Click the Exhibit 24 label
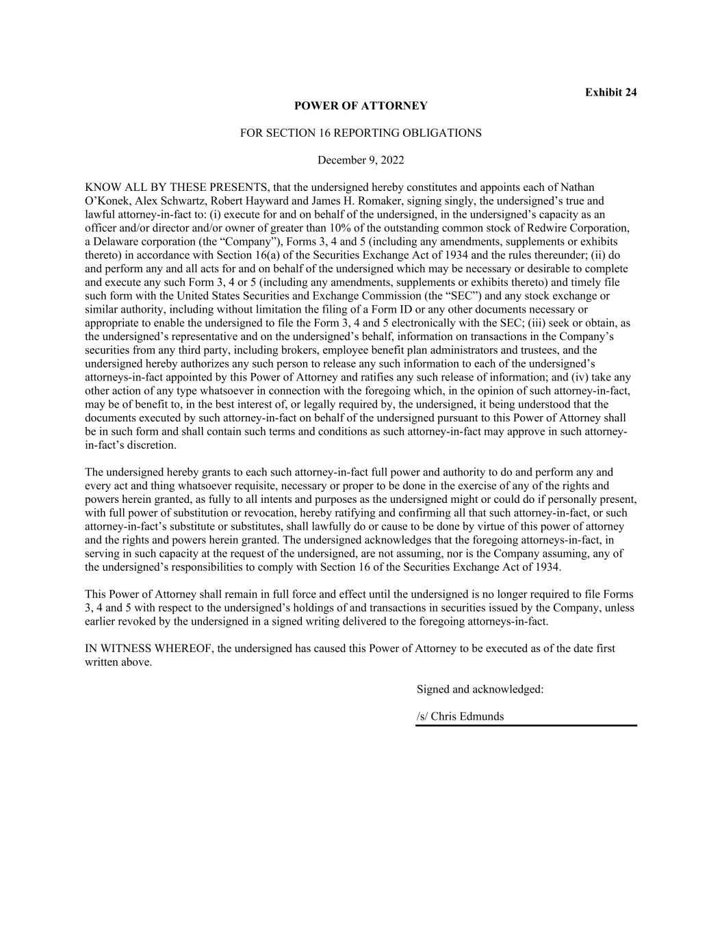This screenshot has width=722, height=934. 610,92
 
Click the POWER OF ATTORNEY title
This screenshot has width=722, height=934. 361,106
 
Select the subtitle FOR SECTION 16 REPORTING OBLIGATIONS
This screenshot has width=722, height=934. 361,133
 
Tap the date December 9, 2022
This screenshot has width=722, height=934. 361,161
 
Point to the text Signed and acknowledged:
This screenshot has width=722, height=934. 480,690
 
